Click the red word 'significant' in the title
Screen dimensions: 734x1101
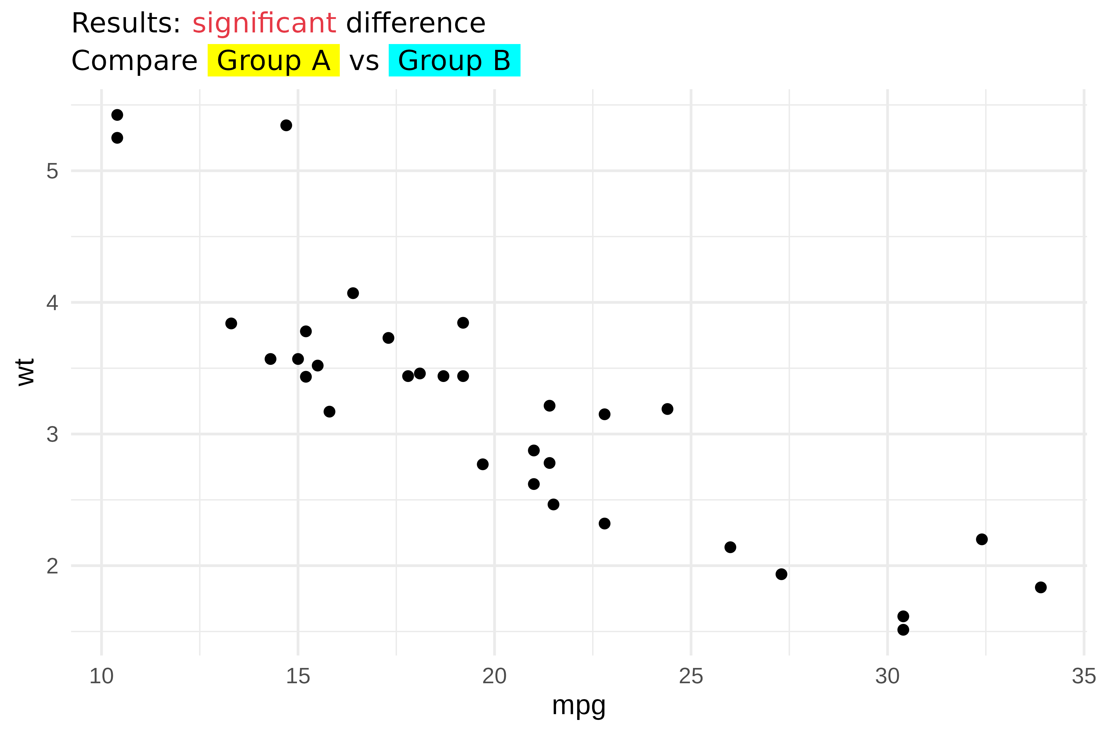[x=264, y=24]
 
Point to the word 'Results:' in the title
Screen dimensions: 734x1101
[x=125, y=24]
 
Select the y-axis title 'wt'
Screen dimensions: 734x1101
[x=25, y=372]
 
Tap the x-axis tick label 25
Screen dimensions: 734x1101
[x=691, y=677]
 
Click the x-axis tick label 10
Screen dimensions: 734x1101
[x=101, y=677]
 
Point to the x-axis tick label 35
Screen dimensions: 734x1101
[x=1084, y=677]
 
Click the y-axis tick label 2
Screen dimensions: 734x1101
[x=52, y=566]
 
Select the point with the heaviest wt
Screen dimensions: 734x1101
[x=117, y=115]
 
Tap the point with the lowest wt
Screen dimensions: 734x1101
[x=903, y=630]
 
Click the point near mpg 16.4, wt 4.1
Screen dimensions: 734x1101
[x=353, y=293]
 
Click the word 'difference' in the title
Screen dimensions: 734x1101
[x=416, y=24]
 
